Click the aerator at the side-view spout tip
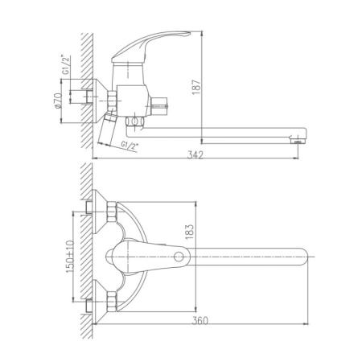click(x=296, y=140)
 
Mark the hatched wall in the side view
click(x=86, y=80)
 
